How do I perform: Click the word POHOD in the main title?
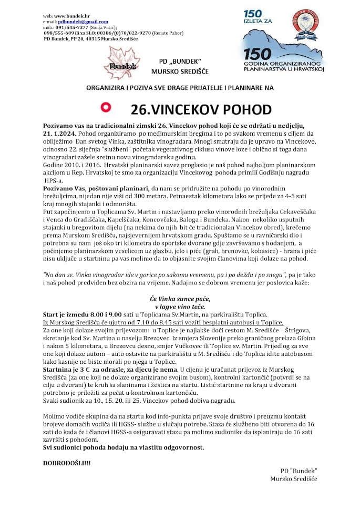pos(240,109)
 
